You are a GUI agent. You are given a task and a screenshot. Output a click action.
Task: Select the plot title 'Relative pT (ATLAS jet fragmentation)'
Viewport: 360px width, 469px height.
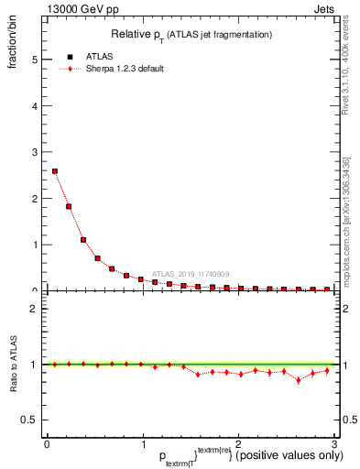[191, 34]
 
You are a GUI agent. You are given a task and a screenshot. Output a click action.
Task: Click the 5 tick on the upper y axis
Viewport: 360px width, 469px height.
[35, 60]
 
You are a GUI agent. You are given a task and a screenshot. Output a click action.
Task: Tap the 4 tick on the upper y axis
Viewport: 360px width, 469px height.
[35, 105]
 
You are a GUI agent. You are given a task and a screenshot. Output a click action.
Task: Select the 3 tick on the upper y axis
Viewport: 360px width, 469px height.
[35, 152]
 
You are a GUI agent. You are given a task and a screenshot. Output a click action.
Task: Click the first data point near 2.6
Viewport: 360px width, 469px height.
[55, 171]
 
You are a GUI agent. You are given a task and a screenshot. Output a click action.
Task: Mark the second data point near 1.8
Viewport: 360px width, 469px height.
[69, 206]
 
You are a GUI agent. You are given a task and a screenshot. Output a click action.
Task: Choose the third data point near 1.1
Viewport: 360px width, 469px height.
[83, 240]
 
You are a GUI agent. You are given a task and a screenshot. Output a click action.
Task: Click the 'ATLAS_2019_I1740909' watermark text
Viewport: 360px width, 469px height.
[192, 273]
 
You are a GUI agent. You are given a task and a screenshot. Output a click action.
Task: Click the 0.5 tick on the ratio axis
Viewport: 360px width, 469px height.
[31, 420]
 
